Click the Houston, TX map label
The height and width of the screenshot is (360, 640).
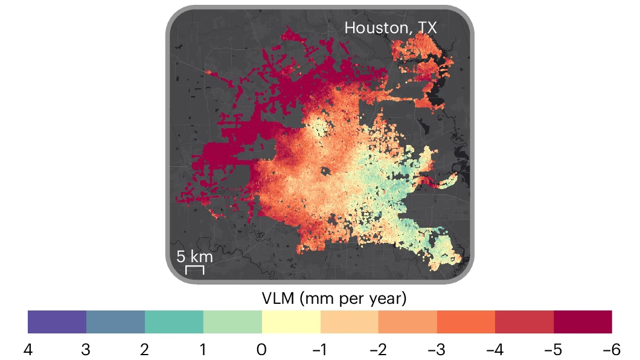[390, 27]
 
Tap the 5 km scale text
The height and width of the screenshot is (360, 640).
[194, 256]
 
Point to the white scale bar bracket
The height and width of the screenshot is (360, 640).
[194, 269]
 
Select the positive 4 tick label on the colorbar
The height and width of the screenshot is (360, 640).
[28, 350]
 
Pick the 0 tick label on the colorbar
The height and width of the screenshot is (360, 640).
[261, 350]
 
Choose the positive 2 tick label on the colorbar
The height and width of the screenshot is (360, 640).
[145, 350]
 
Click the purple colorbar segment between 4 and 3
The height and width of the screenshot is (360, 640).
[57, 322]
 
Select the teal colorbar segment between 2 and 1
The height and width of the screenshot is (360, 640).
[174, 322]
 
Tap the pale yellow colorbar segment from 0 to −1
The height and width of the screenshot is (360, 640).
[291, 322]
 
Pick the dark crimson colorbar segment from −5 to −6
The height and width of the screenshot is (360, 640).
[583, 322]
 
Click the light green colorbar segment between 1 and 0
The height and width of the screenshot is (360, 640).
[232, 322]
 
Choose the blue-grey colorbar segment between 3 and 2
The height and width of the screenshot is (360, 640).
[115, 322]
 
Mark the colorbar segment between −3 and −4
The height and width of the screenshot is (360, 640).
[466, 322]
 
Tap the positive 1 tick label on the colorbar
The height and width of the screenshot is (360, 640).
[203, 350]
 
